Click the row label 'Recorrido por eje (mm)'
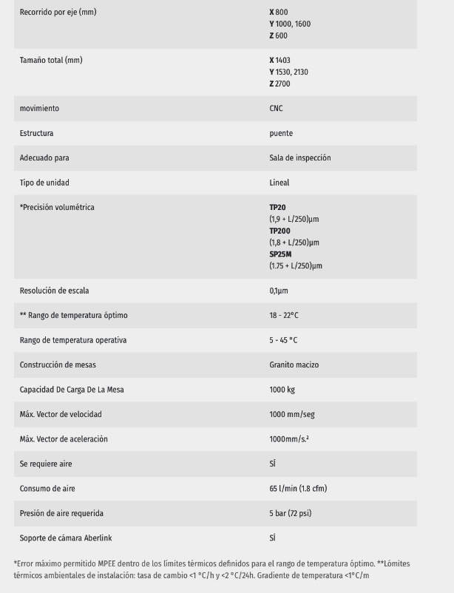(x=58, y=13)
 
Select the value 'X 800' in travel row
(x=279, y=13)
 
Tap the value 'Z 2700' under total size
(x=280, y=84)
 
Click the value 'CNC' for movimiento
(x=276, y=109)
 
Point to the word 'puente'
(x=281, y=133)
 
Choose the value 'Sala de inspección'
(x=299, y=157)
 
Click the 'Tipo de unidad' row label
(x=44, y=183)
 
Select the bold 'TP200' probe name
(x=280, y=231)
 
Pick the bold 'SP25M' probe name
(x=281, y=254)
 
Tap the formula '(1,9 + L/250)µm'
(x=294, y=219)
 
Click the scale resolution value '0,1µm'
(x=279, y=291)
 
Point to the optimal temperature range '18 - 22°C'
(x=284, y=316)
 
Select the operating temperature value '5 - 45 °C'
(x=284, y=340)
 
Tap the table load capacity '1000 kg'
(x=282, y=390)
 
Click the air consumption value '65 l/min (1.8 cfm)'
(x=298, y=489)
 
